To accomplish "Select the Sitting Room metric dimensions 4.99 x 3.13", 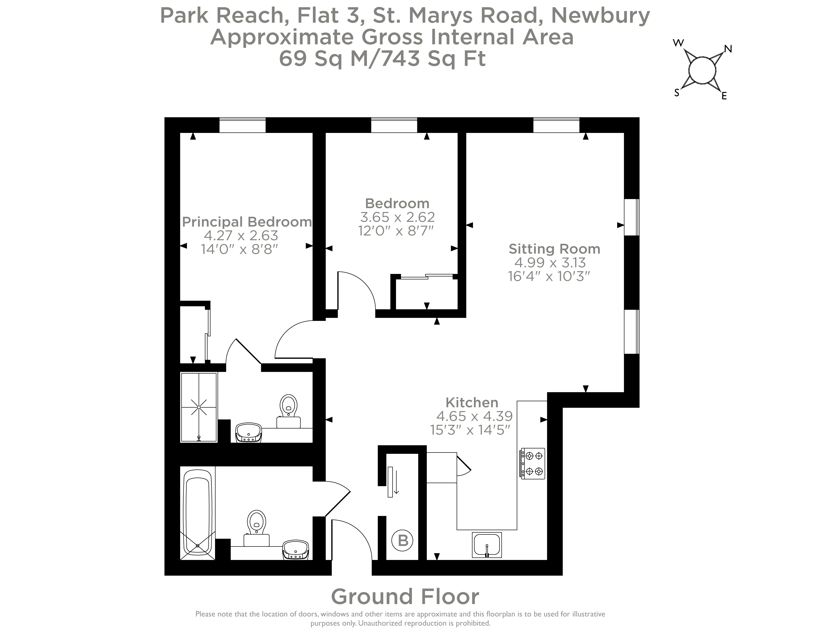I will coord(550,262).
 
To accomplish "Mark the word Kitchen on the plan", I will coord(472,403).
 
